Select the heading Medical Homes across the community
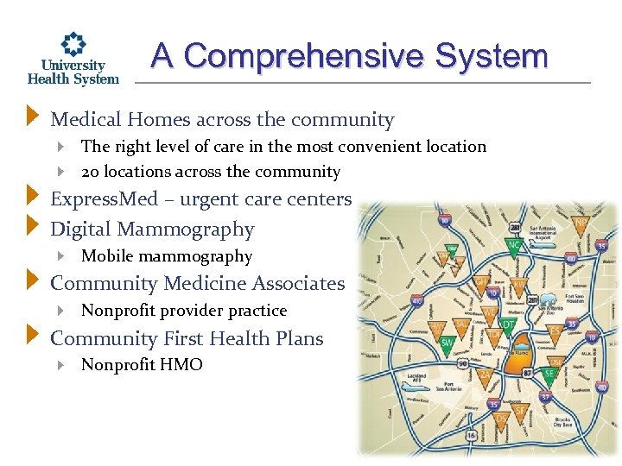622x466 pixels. coord(222,120)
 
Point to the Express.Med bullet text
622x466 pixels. coord(200,199)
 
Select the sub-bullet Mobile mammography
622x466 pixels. coord(166,256)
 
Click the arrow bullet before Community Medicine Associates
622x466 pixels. coord(33,282)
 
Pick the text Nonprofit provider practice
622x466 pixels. coord(183,311)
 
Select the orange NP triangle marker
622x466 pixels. coord(581,226)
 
